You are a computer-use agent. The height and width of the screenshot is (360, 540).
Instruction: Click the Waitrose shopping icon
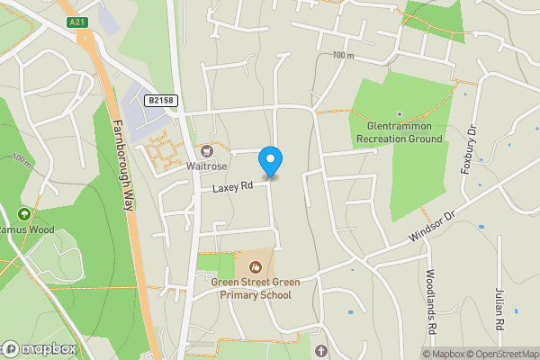[x=208, y=151]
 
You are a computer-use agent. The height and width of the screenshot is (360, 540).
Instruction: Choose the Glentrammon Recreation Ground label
[x=400, y=133]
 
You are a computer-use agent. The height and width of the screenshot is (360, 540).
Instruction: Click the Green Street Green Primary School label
[x=256, y=288]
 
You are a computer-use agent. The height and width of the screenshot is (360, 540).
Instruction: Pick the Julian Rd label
[x=499, y=310]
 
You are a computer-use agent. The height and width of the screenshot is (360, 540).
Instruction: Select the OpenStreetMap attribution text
[x=505, y=354]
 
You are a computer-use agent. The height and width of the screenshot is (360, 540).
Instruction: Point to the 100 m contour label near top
[x=343, y=56]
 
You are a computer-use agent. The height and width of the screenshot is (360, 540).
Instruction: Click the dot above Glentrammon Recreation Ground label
[x=400, y=114]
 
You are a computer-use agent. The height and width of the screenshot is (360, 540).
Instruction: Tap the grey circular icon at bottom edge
[x=322, y=349]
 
